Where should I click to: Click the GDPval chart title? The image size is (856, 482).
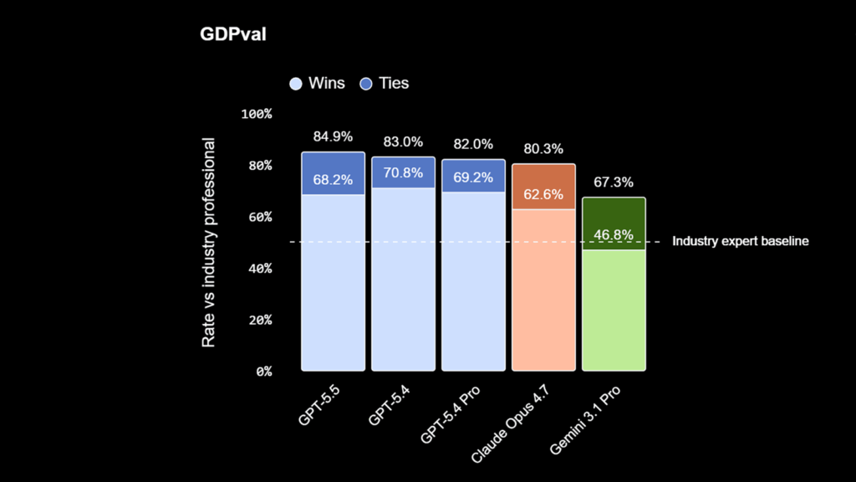pos(232,34)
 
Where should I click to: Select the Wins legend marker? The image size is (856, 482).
pos(295,84)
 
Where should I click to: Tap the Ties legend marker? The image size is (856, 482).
pos(365,84)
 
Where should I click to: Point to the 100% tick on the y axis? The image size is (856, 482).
pos(257,114)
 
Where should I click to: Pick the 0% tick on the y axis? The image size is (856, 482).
pos(263,372)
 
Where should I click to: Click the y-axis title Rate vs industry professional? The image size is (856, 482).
pos(209,243)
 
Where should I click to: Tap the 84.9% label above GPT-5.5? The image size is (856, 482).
pos(333,136)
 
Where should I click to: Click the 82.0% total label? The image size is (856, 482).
pos(473,144)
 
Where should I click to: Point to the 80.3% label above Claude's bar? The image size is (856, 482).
pos(543,149)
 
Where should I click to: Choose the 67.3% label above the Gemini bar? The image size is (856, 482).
pos(614,182)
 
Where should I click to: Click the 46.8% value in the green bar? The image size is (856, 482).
pos(614,235)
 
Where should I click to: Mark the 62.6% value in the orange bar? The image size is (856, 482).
pos(543,196)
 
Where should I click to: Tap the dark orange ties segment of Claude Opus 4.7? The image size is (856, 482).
pos(543,177)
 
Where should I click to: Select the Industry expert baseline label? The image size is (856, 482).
pos(741,242)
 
